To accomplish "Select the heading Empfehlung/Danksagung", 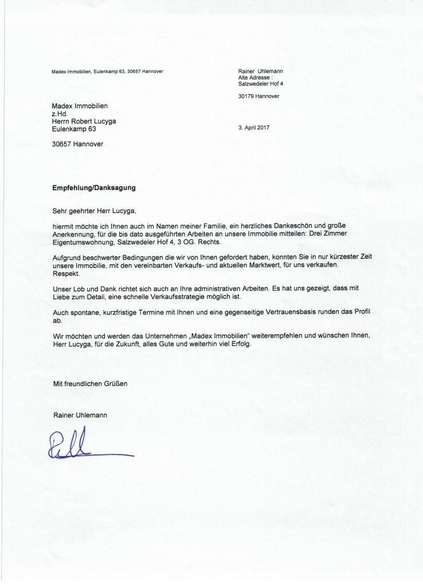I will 94,187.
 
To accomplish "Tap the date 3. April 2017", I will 253,128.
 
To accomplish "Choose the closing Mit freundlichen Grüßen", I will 90,384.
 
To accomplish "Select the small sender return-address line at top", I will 107,71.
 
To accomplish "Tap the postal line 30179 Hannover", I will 258,96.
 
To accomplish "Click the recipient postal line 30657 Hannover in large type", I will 77,144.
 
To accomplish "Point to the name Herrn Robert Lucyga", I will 87,121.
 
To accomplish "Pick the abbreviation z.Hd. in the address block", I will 60,114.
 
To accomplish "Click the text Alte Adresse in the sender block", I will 255,77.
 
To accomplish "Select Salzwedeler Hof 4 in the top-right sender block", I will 261,84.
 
